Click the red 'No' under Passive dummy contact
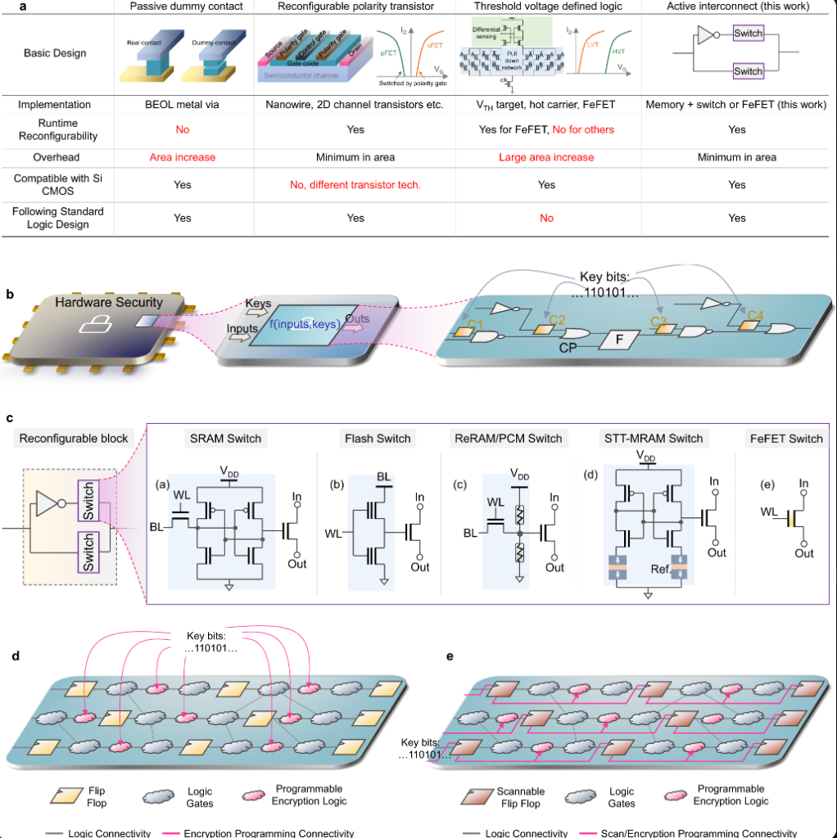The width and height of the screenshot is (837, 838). (182, 129)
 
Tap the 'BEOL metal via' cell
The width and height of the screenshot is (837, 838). (182, 105)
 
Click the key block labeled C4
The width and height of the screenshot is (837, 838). (750, 322)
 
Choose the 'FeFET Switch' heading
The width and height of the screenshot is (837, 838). (786, 439)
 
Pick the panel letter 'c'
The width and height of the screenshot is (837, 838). (10, 417)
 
